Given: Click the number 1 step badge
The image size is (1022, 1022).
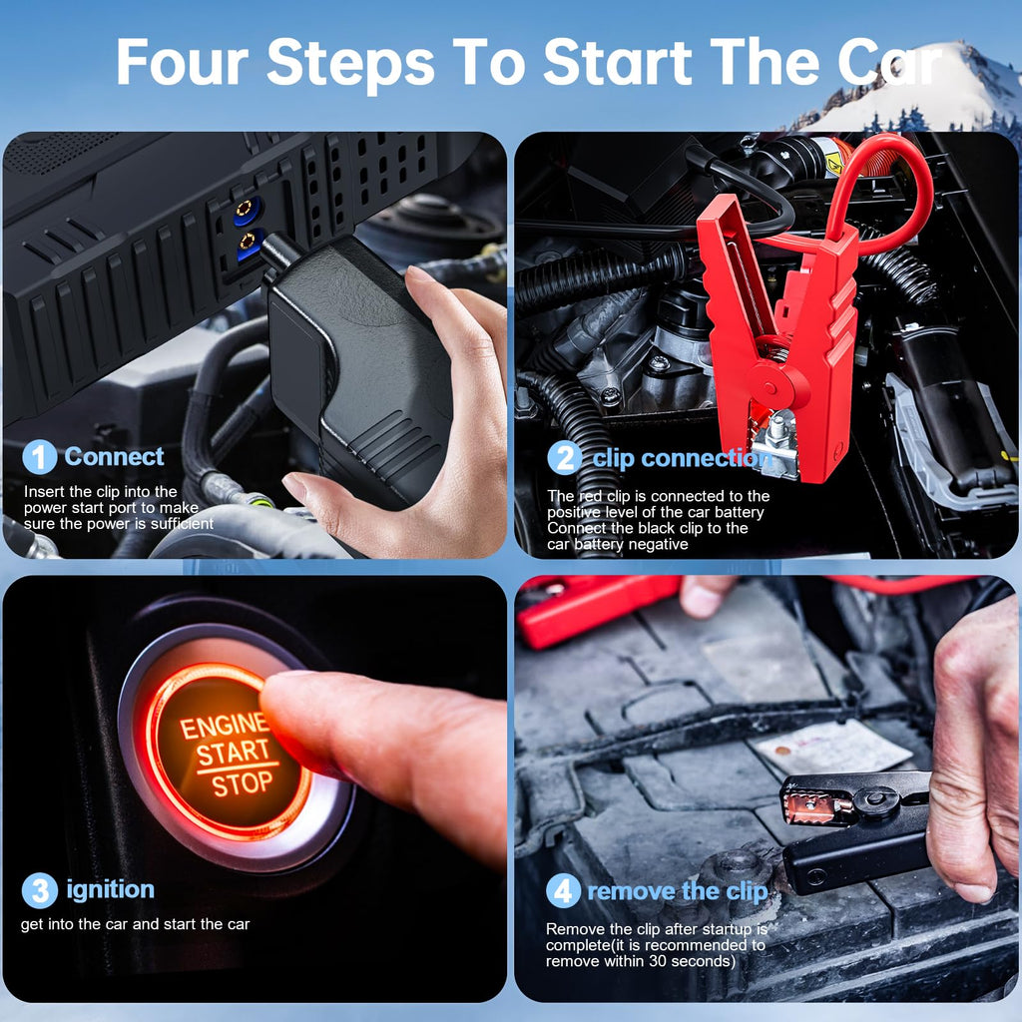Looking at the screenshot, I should click(x=39, y=457).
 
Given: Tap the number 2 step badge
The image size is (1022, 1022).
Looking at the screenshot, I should click(x=564, y=458).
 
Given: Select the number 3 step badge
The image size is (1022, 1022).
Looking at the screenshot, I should click(x=39, y=890).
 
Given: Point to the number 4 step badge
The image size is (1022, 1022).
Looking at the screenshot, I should click(x=564, y=891).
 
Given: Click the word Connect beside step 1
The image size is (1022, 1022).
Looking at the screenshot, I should click(x=114, y=457).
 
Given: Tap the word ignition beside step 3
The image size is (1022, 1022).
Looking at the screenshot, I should click(x=110, y=889).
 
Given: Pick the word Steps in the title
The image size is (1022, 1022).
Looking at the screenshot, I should click(x=349, y=63).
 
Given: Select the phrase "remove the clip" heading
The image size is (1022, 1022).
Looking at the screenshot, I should click(x=677, y=891).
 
